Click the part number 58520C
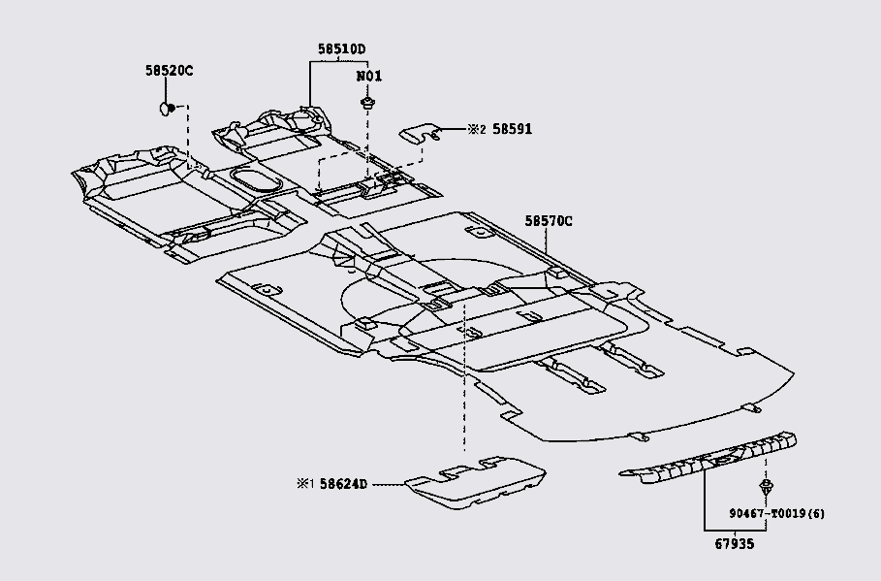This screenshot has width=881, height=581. (x=170, y=71)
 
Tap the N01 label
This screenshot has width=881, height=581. (x=368, y=76)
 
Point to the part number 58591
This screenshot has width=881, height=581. (x=513, y=129)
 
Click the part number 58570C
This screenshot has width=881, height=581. (x=549, y=221)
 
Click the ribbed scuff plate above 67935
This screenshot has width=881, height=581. (x=712, y=457)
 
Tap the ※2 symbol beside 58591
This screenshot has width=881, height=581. (x=476, y=129)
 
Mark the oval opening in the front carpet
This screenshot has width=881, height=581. (x=255, y=180)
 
